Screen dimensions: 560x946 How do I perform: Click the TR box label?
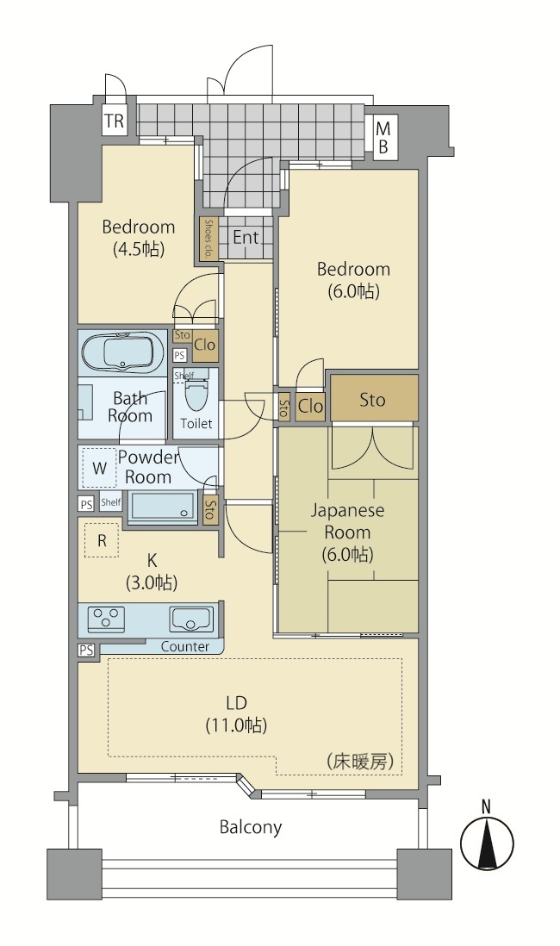pyautogui.click(x=114, y=121)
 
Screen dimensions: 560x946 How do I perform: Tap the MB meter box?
pyautogui.click(x=383, y=138)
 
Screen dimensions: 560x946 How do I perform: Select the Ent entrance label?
pyautogui.click(x=246, y=237)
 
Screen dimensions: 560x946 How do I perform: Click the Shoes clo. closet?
pyautogui.click(x=208, y=239)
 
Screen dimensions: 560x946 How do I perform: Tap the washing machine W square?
pyautogui.click(x=99, y=468)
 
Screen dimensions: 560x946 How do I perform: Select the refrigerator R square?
pyautogui.click(x=102, y=540)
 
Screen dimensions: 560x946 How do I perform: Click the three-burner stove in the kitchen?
pyautogui.click(x=106, y=618)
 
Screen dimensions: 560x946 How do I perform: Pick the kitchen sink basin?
pyautogui.click(x=190, y=619)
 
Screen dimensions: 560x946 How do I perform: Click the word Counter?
pyautogui.click(x=185, y=647)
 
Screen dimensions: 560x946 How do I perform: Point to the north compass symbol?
pyautogui.click(x=487, y=839)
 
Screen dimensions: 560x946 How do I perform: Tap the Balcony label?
pyautogui.click(x=251, y=826)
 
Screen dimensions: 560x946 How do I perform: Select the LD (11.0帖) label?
pyautogui.click(x=237, y=713)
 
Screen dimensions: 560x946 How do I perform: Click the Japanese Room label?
pyautogui.click(x=347, y=521)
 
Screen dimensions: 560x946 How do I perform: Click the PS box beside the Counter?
pyautogui.click(x=86, y=650)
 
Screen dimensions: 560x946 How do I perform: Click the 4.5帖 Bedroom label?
pyautogui.click(x=139, y=238)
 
